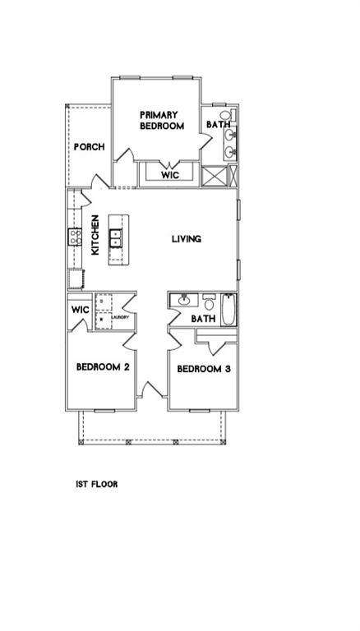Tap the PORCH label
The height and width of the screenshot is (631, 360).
pyautogui.click(x=89, y=147)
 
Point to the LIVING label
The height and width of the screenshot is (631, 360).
pyautogui.click(x=186, y=239)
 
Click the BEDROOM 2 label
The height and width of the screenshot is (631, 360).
pyautogui.click(x=103, y=367)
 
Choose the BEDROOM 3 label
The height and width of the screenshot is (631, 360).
pyautogui.click(x=203, y=369)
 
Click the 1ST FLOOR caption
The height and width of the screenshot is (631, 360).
pyautogui.click(x=97, y=484)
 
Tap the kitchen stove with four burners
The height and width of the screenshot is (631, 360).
pyautogui.click(x=74, y=238)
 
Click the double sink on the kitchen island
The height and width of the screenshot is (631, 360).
pyautogui.click(x=116, y=239)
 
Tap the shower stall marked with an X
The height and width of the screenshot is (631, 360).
pyautogui.click(x=214, y=177)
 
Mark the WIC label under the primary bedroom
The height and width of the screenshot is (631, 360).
pyautogui.click(x=169, y=175)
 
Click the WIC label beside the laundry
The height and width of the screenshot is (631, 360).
pyautogui.click(x=80, y=310)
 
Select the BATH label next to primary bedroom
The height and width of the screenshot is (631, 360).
pyautogui.click(x=217, y=125)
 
